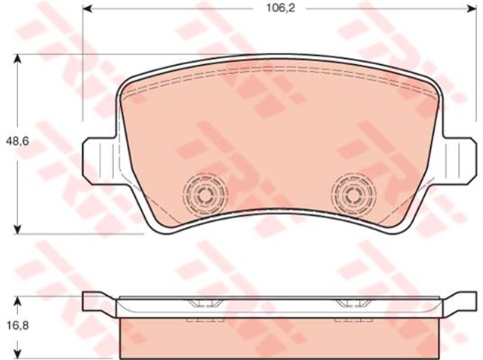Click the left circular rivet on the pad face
(x=202, y=195)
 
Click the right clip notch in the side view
(x=349, y=305)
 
